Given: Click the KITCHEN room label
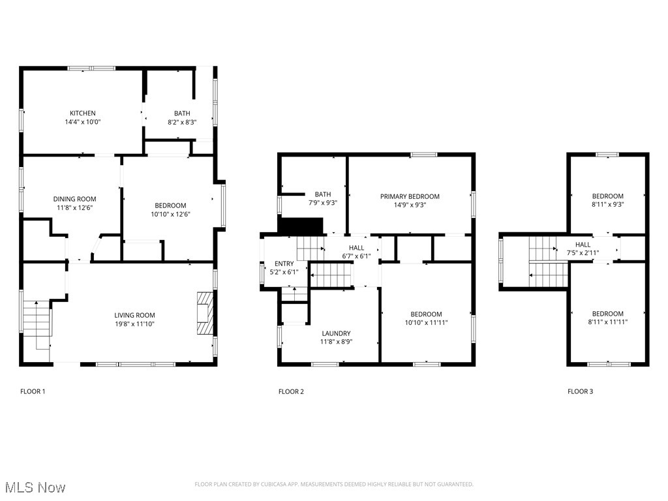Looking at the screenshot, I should (x=83, y=114).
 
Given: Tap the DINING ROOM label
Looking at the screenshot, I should (x=74, y=200).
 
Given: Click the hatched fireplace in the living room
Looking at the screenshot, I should (x=205, y=313).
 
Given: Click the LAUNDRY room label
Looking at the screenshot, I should (x=335, y=333).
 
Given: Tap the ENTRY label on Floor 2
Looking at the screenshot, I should (x=284, y=264).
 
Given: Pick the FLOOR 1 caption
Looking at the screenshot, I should (x=33, y=391).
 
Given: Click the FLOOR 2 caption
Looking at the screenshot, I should (x=291, y=391).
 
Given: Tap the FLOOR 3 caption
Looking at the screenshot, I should (x=580, y=391).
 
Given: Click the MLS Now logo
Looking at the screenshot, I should (x=35, y=487).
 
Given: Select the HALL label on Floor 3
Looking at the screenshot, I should (x=583, y=245).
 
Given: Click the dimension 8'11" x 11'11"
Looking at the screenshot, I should (x=607, y=322).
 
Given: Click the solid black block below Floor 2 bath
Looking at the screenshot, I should (x=301, y=226).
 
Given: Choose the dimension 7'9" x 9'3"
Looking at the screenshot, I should (x=322, y=203).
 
